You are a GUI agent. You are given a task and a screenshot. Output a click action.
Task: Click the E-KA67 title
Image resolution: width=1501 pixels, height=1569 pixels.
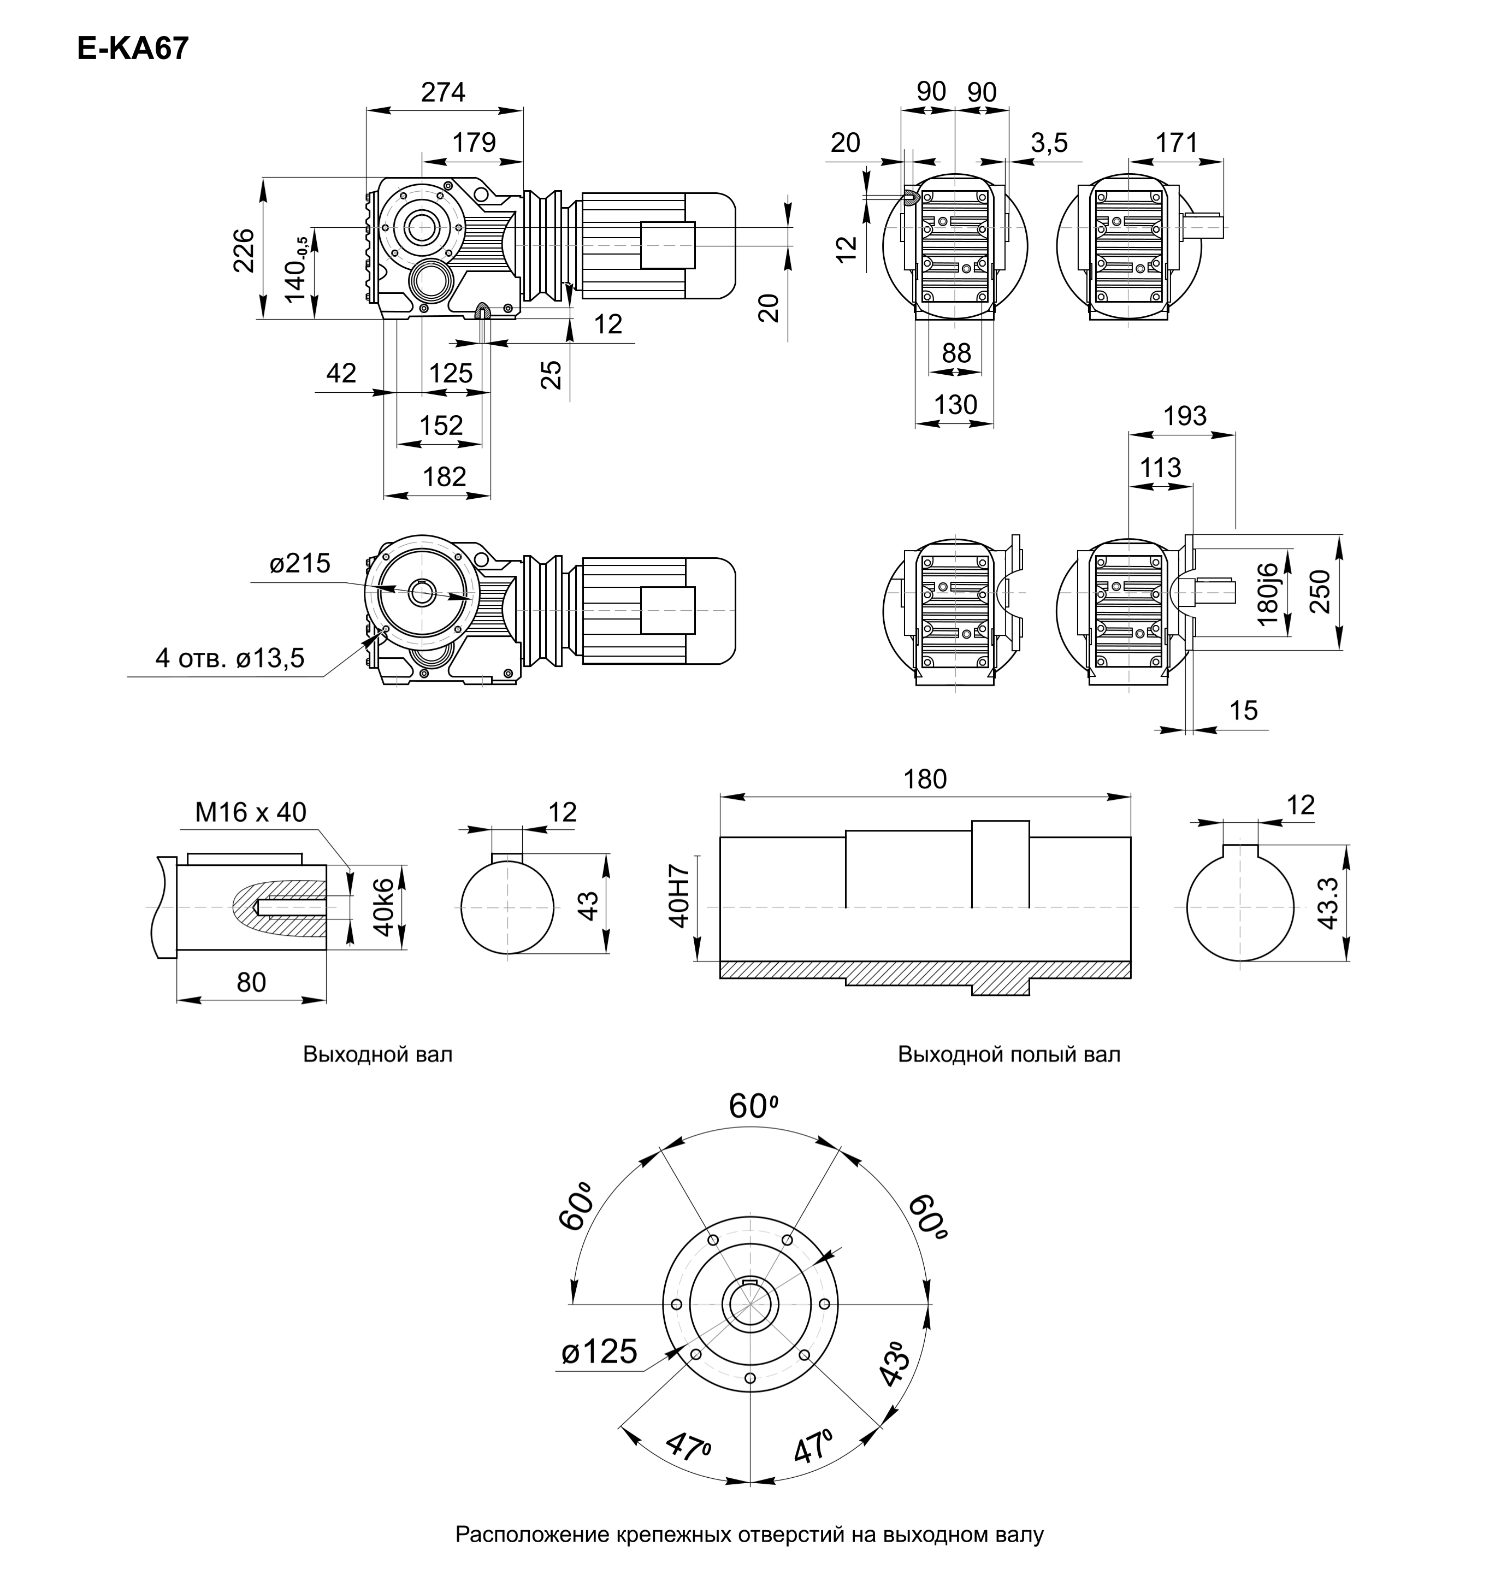(x=133, y=50)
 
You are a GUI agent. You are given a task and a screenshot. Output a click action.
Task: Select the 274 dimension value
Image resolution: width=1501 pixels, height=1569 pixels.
(x=444, y=93)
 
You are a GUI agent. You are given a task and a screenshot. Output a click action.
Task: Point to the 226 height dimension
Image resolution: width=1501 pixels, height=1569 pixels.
(x=244, y=250)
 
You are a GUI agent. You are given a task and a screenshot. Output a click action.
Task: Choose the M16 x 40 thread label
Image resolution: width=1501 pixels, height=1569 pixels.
(x=250, y=813)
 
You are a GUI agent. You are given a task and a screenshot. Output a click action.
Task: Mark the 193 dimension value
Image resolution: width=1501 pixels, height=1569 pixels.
(x=1185, y=416)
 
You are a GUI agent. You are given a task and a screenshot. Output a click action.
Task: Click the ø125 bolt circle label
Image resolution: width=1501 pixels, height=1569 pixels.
(x=599, y=1352)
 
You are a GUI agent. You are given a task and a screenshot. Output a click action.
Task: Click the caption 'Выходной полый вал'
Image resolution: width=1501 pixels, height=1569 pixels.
(x=1009, y=1054)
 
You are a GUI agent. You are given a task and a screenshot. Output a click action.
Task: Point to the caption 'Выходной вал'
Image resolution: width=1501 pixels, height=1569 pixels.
(x=377, y=1054)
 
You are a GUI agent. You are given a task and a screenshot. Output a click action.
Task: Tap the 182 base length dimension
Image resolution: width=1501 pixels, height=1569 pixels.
(x=444, y=477)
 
